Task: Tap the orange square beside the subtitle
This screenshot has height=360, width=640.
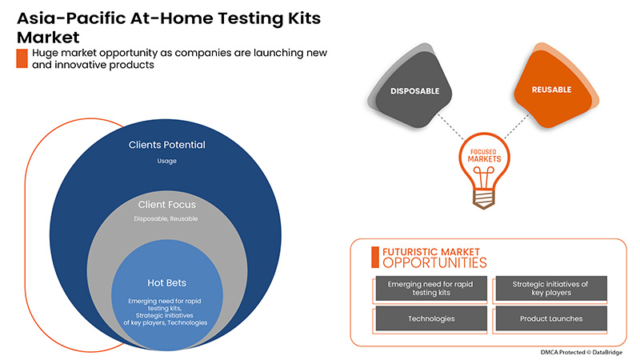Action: [x=22, y=58]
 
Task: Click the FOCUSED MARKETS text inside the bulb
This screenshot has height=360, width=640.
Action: [x=485, y=155]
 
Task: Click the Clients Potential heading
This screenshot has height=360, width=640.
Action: [x=167, y=145]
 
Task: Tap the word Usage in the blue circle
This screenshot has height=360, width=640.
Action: [x=167, y=161]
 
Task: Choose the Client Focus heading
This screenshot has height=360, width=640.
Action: [x=167, y=205]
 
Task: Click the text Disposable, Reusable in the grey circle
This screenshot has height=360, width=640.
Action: [x=167, y=218]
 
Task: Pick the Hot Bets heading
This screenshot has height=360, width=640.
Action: [x=167, y=282]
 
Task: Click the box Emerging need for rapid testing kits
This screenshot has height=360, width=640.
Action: [x=430, y=289]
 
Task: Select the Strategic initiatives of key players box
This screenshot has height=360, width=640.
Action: [x=550, y=289]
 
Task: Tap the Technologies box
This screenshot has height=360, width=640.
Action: [x=430, y=318]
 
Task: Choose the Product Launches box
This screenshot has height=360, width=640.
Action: [x=550, y=318]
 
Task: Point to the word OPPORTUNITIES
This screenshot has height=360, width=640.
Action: [x=434, y=262]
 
